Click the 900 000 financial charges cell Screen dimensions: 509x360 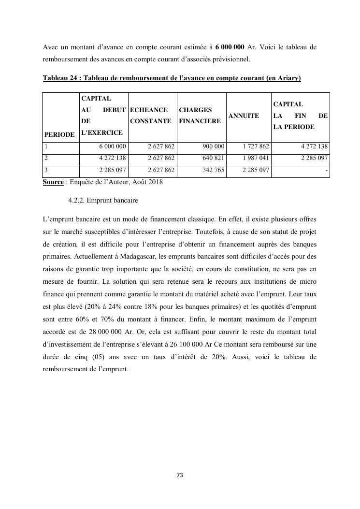pos(213,146)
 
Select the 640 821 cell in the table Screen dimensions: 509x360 pos(213,158)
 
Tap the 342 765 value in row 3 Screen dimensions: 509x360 pos(213,170)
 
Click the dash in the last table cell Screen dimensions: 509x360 pos(327,170)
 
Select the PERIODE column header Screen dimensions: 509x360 pos(59,134)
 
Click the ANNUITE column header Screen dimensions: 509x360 pos(244,116)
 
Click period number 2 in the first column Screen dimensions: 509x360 pos(46,158)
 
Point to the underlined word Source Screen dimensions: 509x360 pos(53,182)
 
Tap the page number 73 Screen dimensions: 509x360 pos(180,475)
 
